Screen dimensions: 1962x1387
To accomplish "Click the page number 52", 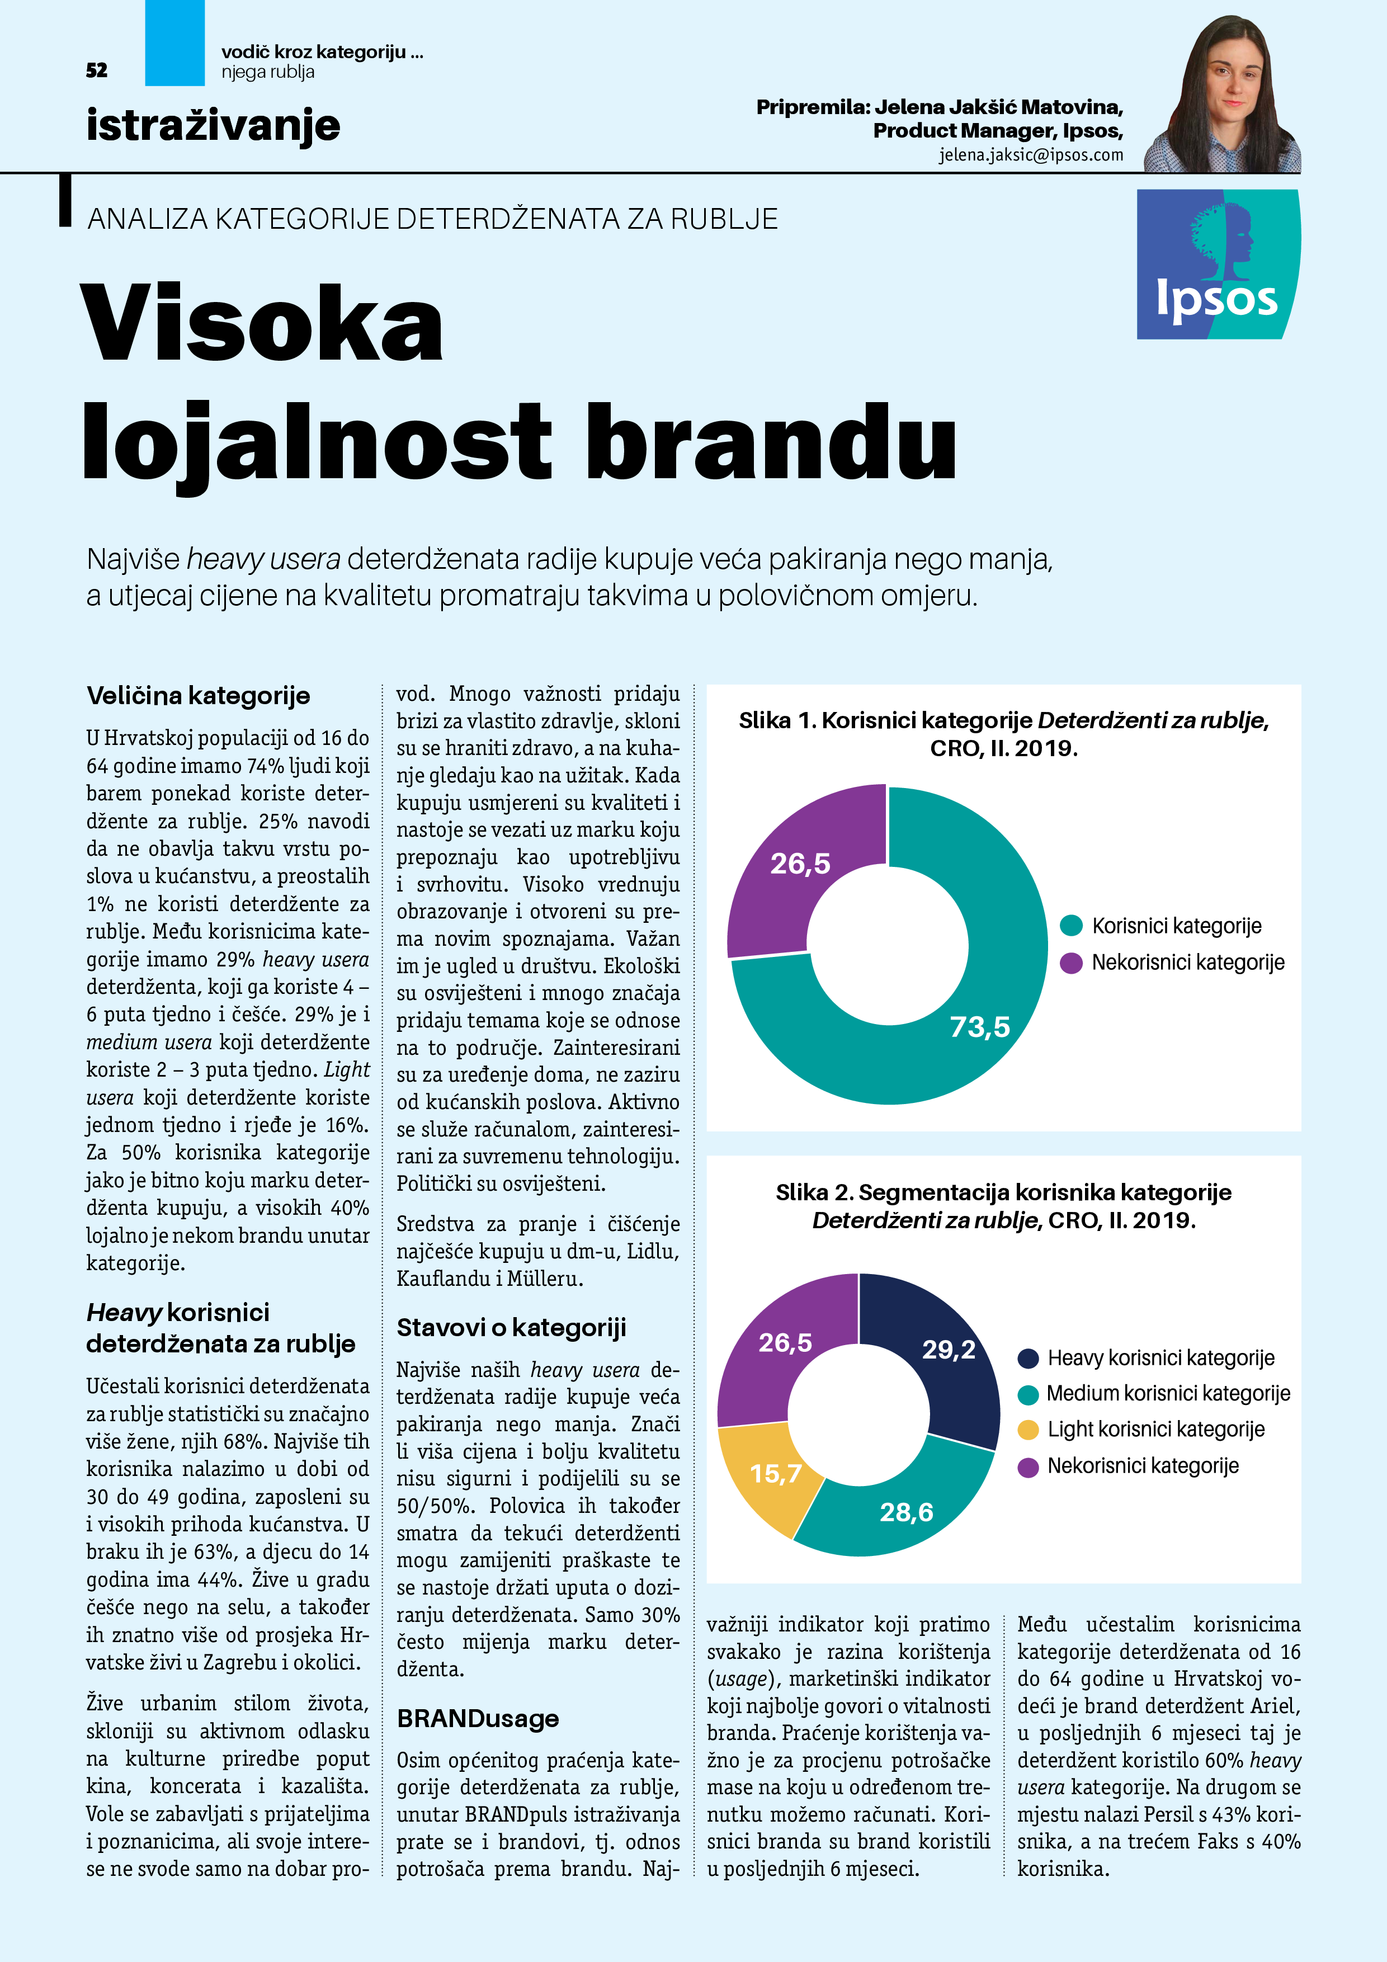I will point(97,70).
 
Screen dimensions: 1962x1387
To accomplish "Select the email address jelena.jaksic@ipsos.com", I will point(1031,155).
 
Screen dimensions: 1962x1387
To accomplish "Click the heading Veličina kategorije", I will point(199,696).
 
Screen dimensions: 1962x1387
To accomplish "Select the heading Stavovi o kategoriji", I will point(511,1327).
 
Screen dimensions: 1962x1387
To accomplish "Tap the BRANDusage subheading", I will point(478,1719).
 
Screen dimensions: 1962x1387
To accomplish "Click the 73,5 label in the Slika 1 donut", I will point(979,1026).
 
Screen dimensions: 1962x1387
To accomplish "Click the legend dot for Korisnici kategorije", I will point(1071,926).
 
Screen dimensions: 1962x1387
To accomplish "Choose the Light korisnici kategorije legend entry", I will point(1155,1430).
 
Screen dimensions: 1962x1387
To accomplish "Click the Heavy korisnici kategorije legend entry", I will point(1160,1358).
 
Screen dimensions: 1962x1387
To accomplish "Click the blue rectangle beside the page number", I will point(174,43).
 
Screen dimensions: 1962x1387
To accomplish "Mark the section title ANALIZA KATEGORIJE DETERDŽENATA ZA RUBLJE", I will point(432,220).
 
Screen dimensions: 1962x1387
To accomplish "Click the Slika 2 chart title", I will point(1003,1206).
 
